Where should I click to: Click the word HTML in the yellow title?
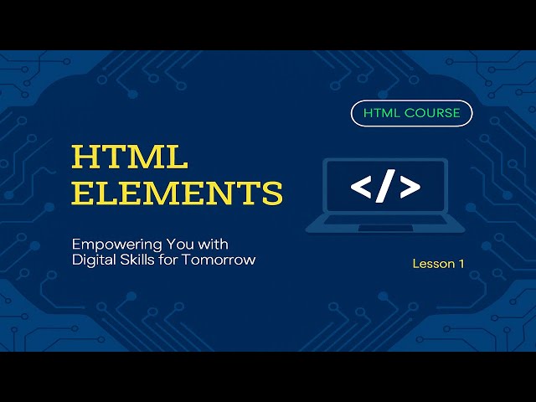pyautogui.click(x=130, y=157)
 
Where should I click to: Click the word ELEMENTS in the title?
pyautogui.click(x=178, y=193)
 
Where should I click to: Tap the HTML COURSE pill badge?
pyautogui.click(x=411, y=113)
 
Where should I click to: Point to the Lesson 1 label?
pyautogui.click(x=438, y=264)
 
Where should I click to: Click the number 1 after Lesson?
pyautogui.click(x=461, y=264)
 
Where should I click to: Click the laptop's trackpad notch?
pyautogui.click(x=385, y=227)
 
